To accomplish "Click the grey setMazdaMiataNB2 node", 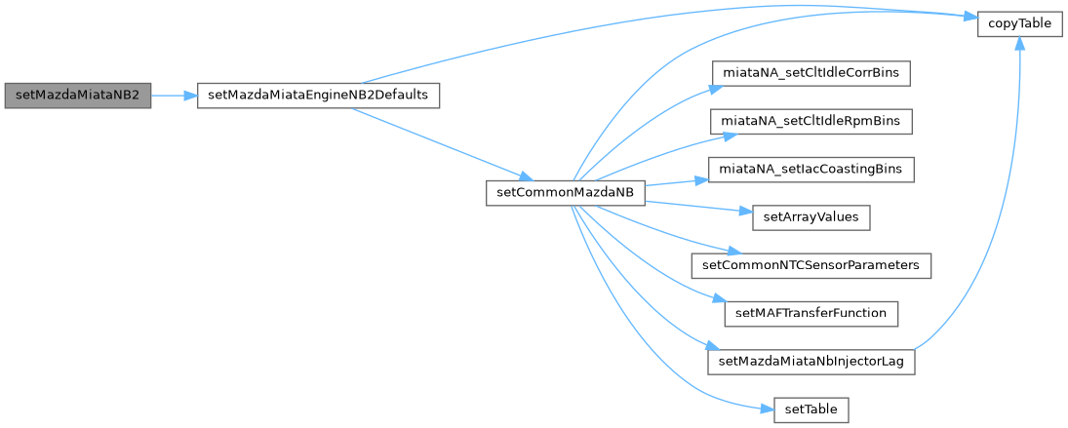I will tap(78, 96).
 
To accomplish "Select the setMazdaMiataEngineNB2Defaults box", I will tap(318, 96).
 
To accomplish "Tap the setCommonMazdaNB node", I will tap(566, 192).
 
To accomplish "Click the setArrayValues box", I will tap(811, 216).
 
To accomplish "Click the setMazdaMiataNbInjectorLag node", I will tap(811, 361).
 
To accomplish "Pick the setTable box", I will tap(811, 409).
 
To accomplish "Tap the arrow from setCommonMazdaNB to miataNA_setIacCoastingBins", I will tap(668, 181).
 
